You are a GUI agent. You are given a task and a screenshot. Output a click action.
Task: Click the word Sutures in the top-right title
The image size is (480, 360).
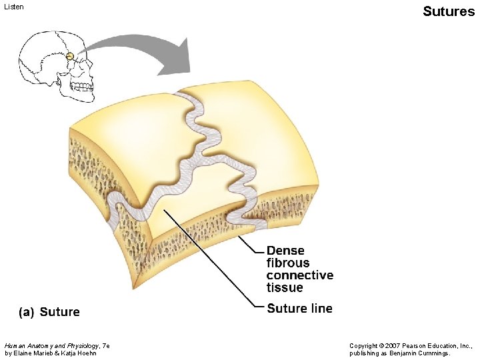coord(449,11)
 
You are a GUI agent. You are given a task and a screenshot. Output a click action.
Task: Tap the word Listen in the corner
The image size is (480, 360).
coord(14,7)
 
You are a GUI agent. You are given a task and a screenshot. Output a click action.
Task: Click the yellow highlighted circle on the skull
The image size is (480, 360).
coord(69,56)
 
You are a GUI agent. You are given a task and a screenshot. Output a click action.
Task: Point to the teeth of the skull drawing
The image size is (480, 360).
coord(81,87)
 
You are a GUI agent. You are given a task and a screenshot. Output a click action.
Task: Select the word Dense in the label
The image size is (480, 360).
coord(285,251)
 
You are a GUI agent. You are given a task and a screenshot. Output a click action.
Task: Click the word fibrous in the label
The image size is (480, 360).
coord(288,263)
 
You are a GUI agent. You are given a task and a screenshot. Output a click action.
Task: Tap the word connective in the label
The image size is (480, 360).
coord(300,275)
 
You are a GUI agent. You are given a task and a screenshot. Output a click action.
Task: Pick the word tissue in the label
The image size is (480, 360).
coord(285,287)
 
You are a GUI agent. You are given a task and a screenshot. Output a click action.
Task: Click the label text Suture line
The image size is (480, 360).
coord(299,308)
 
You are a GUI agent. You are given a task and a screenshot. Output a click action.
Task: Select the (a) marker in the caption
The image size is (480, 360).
coord(25,312)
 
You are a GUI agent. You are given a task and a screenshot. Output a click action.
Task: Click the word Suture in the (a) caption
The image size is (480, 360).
coord(60,312)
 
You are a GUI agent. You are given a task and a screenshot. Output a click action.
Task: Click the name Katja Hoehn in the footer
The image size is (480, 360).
coord(81,353)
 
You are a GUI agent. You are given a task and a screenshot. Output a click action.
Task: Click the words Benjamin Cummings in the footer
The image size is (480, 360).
coord(423,353)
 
